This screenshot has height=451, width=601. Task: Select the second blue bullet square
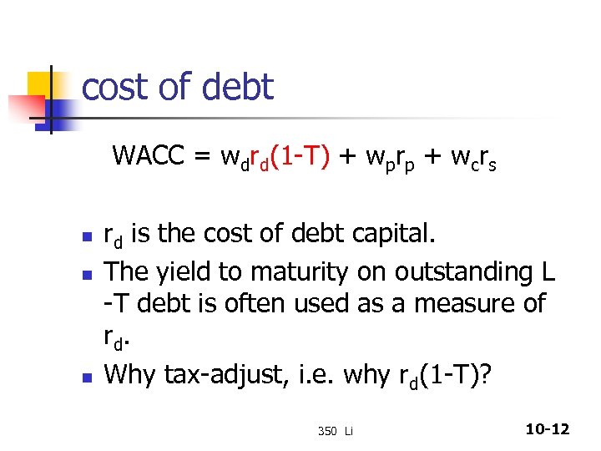(85, 273)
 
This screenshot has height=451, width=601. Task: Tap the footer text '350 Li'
(336, 431)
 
